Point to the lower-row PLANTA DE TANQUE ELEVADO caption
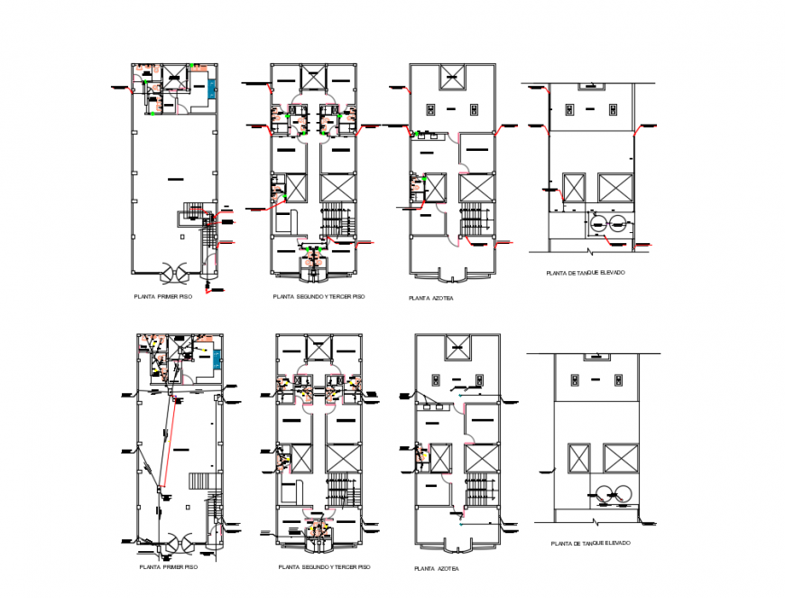point(590,544)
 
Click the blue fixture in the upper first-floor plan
point(212,89)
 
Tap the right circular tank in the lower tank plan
point(621,493)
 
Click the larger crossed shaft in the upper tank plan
point(615,187)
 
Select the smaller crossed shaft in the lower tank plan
point(573,459)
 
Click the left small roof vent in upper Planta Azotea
point(431,109)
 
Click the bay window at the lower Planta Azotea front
point(457,546)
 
